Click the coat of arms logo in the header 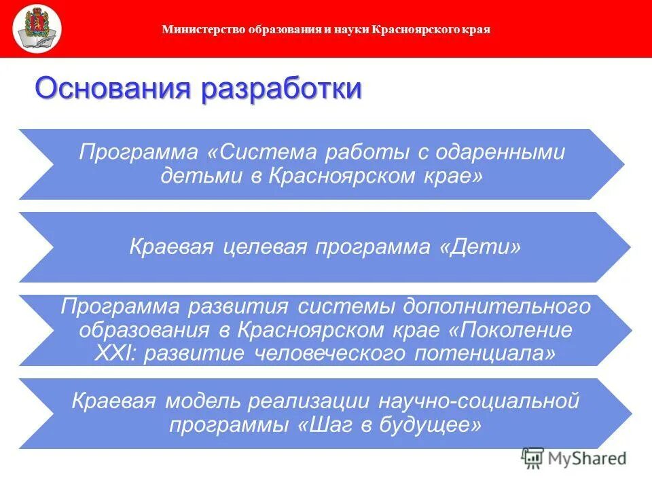(37, 29)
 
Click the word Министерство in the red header (194, 29)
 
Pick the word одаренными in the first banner (505, 151)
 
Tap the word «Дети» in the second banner (481, 247)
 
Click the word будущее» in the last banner (428, 425)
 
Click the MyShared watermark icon (532, 458)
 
